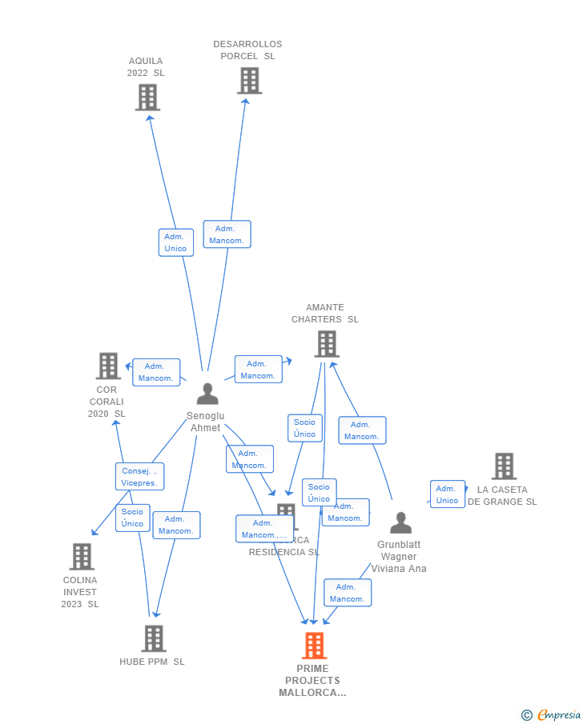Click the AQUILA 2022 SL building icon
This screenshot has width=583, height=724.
147,98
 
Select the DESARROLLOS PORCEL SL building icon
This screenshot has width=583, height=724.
249,81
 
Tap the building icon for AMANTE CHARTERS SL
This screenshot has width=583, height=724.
326,344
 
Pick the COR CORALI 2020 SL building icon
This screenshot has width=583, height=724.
107,366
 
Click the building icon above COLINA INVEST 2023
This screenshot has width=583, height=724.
82,556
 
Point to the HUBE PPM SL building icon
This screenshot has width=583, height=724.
153,638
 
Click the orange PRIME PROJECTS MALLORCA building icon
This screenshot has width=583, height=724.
314,646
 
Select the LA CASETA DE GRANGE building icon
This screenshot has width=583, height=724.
503,466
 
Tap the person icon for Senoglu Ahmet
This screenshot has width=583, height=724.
207,394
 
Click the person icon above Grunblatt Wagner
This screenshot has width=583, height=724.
400,523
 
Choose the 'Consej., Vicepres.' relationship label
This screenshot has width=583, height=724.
139,477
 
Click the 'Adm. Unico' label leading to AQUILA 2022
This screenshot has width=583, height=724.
175,242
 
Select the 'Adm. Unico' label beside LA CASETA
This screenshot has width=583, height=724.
447,494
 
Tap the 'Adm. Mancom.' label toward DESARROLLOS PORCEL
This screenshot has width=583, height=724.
227,234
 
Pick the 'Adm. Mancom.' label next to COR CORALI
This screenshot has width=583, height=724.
155,372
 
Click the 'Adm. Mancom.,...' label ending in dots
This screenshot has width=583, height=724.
263,529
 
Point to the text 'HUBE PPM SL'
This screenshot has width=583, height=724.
152,662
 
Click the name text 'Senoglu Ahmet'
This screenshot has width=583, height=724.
205,422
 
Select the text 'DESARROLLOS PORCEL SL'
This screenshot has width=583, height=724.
247,50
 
